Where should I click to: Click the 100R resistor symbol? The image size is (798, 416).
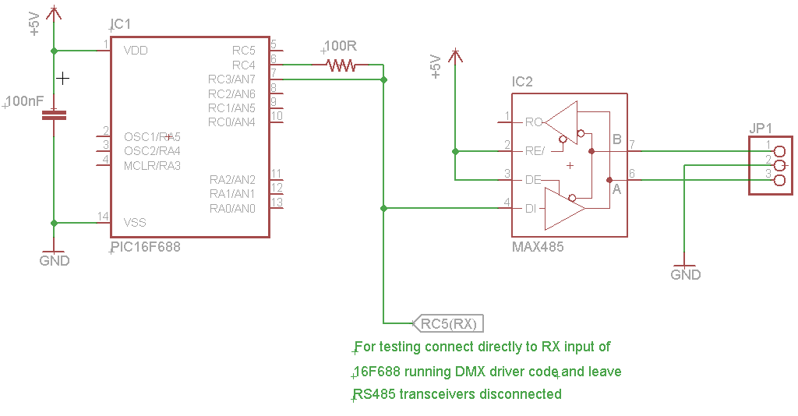pos(341,65)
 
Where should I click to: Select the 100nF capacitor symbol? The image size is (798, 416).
pos(54,115)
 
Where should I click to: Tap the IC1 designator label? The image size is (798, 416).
pos(121,25)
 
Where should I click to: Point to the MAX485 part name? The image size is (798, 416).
pos(538,247)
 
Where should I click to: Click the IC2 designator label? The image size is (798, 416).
pos(522,82)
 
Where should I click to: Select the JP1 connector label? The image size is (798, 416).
pos(761,129)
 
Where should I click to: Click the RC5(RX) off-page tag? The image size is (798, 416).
pos(449,323)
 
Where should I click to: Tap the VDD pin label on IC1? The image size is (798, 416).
pos(136,51)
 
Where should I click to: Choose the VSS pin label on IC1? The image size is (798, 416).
pos(135,223)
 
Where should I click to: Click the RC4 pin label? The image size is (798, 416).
pos(243,65)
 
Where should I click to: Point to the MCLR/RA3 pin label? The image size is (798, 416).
pos(152,165)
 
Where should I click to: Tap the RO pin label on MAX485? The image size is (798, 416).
pos(534,122)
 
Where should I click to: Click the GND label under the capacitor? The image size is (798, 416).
pos(55,261)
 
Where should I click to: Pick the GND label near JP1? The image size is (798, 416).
pos(686,274)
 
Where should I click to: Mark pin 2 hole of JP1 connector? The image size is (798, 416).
pos(779,164)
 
